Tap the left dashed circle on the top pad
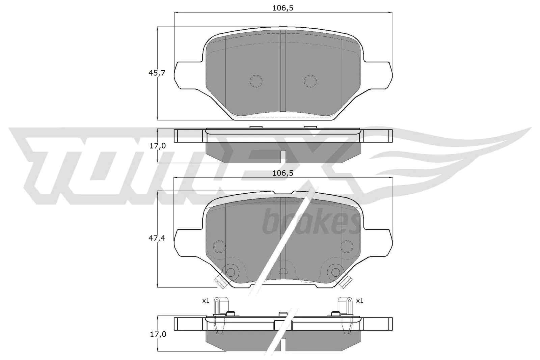pyautogui.click(x=256, y=80)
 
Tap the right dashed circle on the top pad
pyautogui.click(x=310, y=80)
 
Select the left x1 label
pyautogui.click(x=206, y=300)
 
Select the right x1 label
pyautogui.click(x=360, y=300)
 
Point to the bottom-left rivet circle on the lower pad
pyautogui.click(x=231, y=272)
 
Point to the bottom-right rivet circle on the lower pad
pyautogui.click(x=335, y=272)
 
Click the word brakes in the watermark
pyautogui.click(x=310, y=223)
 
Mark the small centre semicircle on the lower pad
pyautogui.click(x=283, y=271)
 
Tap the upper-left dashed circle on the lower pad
pyautogui.click(x=220, y=246)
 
